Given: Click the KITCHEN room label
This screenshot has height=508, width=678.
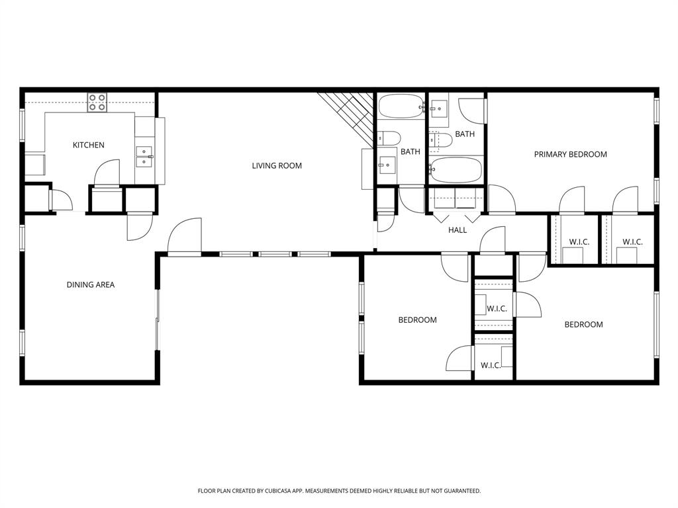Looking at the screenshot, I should pyautogui.click(x=88, y=145).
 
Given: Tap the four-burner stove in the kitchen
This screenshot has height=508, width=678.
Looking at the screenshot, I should pyautogui.click(x=97, y=101).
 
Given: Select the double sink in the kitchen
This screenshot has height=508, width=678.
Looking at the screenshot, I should pyautogui.click(x=144, y=157).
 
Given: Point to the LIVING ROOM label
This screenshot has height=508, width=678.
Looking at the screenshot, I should pyautogui.click(x=277, y=165).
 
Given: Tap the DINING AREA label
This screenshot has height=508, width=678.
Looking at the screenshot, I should pyautogui.click(x=90, y=285).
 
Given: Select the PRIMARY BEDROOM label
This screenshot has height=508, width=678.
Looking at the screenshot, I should pyautogui.click(x=570, y=154).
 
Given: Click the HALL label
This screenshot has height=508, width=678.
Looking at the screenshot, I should pyautogui.click(x=458, y=230).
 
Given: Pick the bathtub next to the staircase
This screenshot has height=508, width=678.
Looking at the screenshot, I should pyautogui.click(x=401, y=106).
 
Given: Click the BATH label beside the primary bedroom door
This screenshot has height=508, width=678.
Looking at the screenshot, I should pyautogui.click(x=465, y=134).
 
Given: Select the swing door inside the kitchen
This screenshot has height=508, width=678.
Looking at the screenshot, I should pyautogui.click(x=107, y=173).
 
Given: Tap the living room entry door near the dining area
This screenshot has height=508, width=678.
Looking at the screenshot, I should pyautogui.click(x=185, y=237).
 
